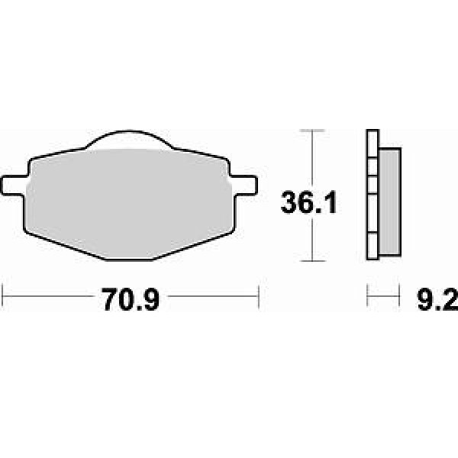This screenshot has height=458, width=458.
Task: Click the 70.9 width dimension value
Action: click(x=131, y=299)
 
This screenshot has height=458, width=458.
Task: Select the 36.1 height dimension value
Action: click(x=308, y=202)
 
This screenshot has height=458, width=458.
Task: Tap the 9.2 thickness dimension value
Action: click(x=437, y=299)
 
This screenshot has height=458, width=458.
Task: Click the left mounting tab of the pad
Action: click(x=14, y=185)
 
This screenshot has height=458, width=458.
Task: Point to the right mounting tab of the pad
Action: click(x=244, y=185)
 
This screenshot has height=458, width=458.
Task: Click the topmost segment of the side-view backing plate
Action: click(x=373, y=144)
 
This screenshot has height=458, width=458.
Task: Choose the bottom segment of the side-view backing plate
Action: click(x=373, y=246)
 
